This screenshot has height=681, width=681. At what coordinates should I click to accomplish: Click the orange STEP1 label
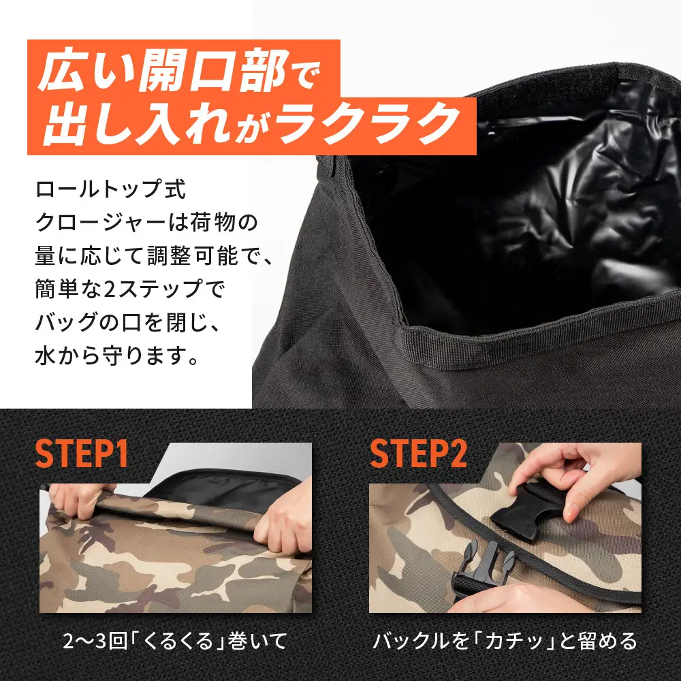coord(82,454)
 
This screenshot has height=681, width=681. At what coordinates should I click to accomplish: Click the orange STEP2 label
coord(416,454)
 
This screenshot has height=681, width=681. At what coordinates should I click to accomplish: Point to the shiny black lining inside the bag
coord(518,204)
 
